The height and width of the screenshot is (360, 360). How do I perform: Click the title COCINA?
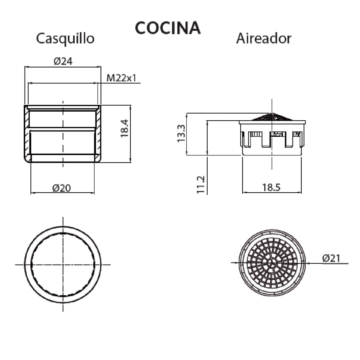[167, 28]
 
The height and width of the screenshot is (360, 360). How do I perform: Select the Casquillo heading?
[65, 39]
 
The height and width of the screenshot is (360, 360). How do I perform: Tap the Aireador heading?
[263, 39]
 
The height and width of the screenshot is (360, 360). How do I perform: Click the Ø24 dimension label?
[63, 61]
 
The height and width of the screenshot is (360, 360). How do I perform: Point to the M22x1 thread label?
[121, 78]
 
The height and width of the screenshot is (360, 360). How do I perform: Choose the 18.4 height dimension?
[124, 128]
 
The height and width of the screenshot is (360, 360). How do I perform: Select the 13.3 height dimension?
[181, 134]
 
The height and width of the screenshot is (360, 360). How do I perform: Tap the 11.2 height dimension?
[201, 184]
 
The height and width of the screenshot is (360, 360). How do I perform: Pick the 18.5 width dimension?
[271, 188]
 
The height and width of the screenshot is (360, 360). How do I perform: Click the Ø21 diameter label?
[331, 258]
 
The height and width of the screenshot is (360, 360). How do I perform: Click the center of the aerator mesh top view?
[272, 263]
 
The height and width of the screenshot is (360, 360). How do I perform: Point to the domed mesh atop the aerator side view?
[272, 117]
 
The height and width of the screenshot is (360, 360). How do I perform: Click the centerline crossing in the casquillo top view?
[63, 265]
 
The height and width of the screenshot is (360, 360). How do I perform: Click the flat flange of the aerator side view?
[272, 122]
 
